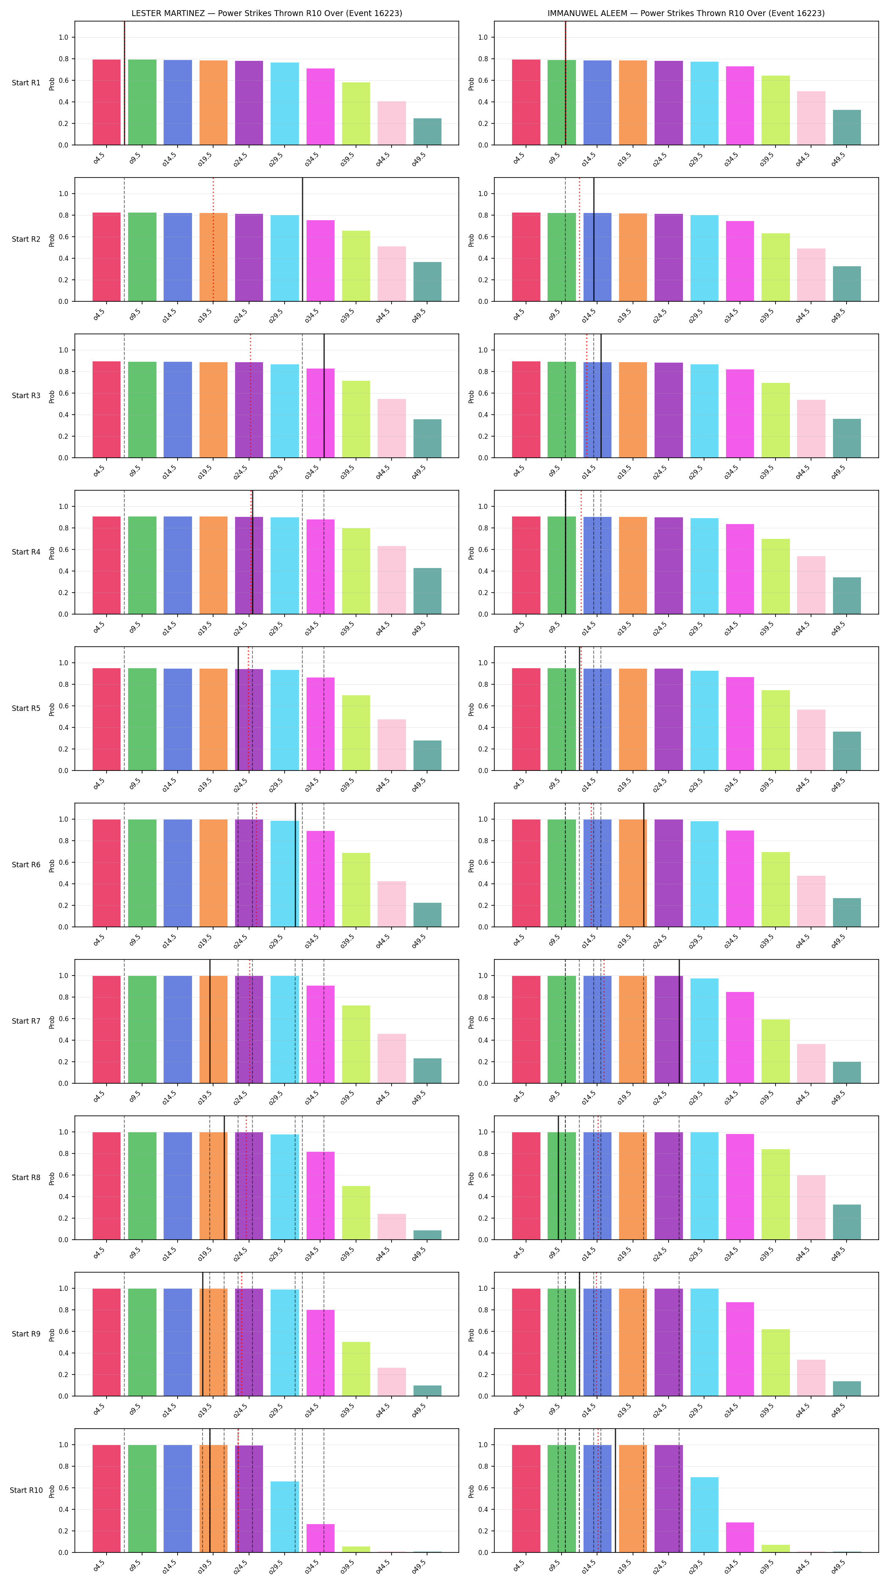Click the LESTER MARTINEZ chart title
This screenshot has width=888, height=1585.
pos(266,13)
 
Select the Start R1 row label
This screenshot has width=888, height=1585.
pos(26,83)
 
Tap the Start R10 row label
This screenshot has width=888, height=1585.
pos(26,1490)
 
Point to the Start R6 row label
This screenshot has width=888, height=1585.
pos(26,864)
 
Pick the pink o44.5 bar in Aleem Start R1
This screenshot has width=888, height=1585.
pos(811,118)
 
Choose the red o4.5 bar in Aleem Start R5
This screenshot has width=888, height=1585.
pos(526,719)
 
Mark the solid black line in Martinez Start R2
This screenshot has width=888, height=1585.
pos(302,239)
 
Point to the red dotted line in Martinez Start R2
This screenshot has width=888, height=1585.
pos(213,239)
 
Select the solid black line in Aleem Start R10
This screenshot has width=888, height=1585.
pos(615,1490)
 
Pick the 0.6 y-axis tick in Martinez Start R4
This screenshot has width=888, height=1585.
pos(63,549)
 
